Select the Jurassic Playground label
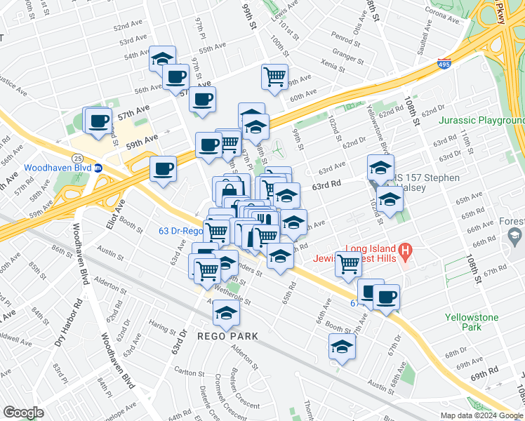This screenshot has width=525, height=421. [x=481, y=121]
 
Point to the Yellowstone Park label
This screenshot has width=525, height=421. [x=472, y=322]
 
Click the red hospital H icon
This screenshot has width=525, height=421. [x=404, y=249]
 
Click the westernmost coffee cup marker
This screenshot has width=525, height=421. [x=98, y=120]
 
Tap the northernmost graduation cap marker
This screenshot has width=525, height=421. [x=162, y=58]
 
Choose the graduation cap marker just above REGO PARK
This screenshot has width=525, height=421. [x=226, y=313]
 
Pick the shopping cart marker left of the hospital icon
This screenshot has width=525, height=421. [x=348, y=265]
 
